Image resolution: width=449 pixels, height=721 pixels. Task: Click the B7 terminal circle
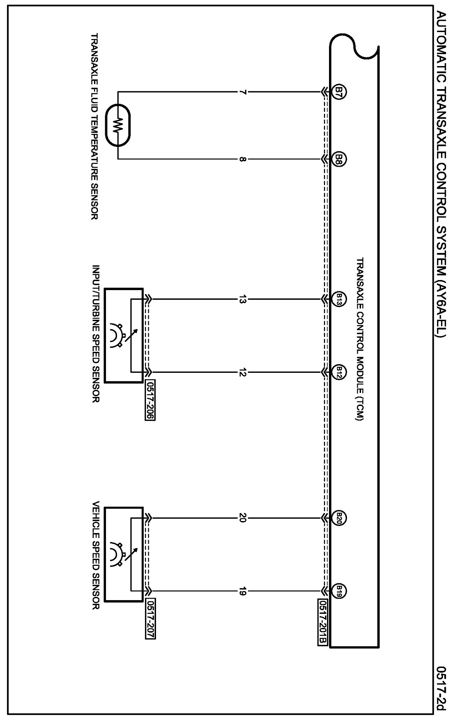click(x=339, y=92)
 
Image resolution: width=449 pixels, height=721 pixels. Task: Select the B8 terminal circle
click(x=339, y=159)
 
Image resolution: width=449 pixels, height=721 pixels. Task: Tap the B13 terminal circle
click(x=339, y=299)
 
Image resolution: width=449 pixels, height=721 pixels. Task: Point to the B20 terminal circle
click(x=339, y=519)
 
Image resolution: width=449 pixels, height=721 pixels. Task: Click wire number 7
click(x=242, y=92)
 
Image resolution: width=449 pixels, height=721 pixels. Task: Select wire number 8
click(x=242, y=159)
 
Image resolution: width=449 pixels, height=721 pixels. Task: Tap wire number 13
click(x=242, y=299)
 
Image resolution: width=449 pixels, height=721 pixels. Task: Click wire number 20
click(x=242, y=519)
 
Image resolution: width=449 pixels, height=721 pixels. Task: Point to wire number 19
click(x=242, y=591)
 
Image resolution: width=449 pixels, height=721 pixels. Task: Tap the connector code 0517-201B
click(x=323, y=622)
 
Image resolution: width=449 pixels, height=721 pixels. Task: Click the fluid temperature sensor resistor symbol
click(x=118, y=125)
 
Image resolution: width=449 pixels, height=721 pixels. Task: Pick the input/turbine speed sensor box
click(x=124, y=335)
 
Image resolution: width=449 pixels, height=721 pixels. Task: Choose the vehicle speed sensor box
click(x=124, y=555)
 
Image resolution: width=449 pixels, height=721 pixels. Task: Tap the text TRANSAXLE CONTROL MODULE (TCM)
click(x=360, y=339)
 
